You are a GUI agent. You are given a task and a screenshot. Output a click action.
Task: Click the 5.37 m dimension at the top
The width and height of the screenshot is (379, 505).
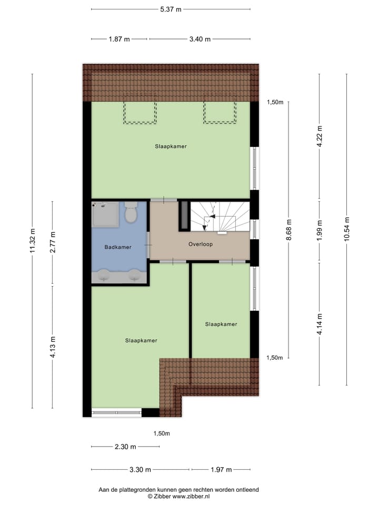point(171,9)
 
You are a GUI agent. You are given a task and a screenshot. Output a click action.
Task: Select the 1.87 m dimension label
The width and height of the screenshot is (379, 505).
point(119,39)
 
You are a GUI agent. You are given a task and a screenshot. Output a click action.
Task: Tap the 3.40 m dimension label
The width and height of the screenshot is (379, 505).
point(200,39)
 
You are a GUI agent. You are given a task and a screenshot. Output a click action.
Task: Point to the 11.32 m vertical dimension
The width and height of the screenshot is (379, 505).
point(33,241)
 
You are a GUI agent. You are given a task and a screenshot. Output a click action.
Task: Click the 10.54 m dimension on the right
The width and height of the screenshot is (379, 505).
point(346,229)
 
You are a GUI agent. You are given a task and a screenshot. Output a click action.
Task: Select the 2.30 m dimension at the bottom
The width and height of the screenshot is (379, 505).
point(125,447)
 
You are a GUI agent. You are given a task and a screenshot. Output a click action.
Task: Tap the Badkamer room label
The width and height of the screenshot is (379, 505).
point(118,247)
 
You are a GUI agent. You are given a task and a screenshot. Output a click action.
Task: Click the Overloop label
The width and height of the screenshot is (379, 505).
point(201,244)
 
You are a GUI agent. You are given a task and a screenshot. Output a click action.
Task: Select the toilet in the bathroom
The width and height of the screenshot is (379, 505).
point(131,213)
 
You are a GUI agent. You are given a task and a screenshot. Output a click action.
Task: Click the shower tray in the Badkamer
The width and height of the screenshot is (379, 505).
point(105,214)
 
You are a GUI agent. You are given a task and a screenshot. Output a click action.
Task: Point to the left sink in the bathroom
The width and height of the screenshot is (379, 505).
point(103,275)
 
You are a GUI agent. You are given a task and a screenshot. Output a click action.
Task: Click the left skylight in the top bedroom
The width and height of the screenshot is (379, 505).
point(140,113)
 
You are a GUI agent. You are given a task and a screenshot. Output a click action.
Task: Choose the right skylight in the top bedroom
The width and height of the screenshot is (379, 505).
point(220,113)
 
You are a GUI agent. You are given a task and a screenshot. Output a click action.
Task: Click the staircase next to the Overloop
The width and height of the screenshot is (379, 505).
point(218,216)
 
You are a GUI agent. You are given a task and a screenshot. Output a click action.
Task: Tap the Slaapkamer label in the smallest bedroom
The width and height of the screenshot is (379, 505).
point(221,324)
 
